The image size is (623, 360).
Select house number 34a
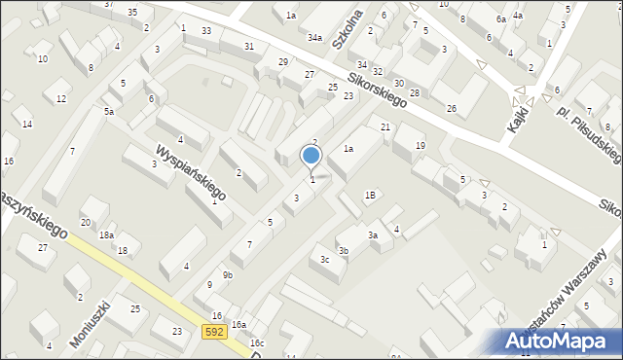314,38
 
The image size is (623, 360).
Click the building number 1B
370,195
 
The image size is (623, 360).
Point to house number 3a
372,234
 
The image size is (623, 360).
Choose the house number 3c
325,260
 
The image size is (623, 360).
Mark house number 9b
227,275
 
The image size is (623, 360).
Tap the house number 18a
106,235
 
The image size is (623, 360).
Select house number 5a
110,112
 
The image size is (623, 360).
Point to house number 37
109,5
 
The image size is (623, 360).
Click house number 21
385,127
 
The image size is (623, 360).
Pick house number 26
451,107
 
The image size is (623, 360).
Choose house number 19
420,145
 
